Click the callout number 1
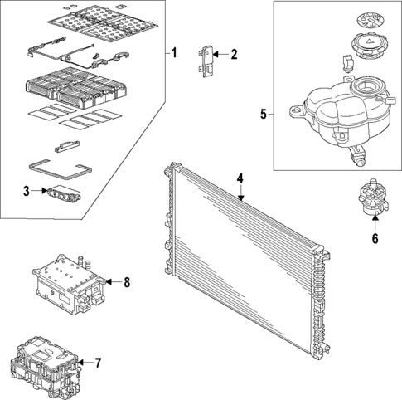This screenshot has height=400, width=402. coord(174,53)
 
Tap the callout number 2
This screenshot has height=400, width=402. coord(234,55)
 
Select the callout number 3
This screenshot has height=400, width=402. coord(27,191)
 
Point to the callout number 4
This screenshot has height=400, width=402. coord(240,178)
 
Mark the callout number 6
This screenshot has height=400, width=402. coord(374,240)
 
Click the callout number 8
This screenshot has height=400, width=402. coord(127,282)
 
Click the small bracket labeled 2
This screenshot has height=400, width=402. coord(206,62)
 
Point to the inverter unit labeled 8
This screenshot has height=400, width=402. coord(69,280)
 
